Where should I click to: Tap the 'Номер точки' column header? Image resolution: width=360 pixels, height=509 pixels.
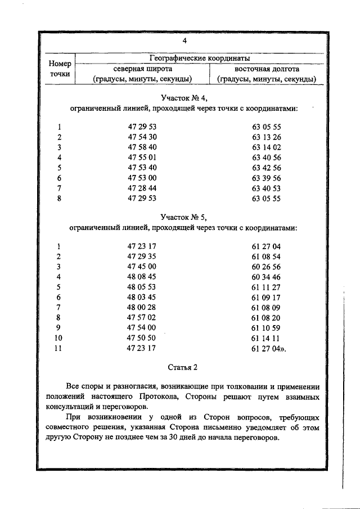tap(59, 69)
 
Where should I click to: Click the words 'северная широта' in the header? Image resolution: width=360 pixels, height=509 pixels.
tap(142, 69)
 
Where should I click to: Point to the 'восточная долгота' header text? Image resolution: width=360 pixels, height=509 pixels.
tap(267, 69)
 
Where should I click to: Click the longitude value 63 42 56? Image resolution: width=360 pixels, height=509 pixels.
tap(267, 168)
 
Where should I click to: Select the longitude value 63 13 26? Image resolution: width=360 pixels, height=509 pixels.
tap(267, 137)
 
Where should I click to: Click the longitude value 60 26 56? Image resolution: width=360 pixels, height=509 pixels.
tap(267, 267)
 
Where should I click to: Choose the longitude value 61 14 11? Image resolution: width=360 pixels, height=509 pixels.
tap(267, 337)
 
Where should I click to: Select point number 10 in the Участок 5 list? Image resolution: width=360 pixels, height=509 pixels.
tap(59, 337)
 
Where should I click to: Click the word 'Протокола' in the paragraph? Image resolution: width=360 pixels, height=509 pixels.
tap(202, 397)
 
